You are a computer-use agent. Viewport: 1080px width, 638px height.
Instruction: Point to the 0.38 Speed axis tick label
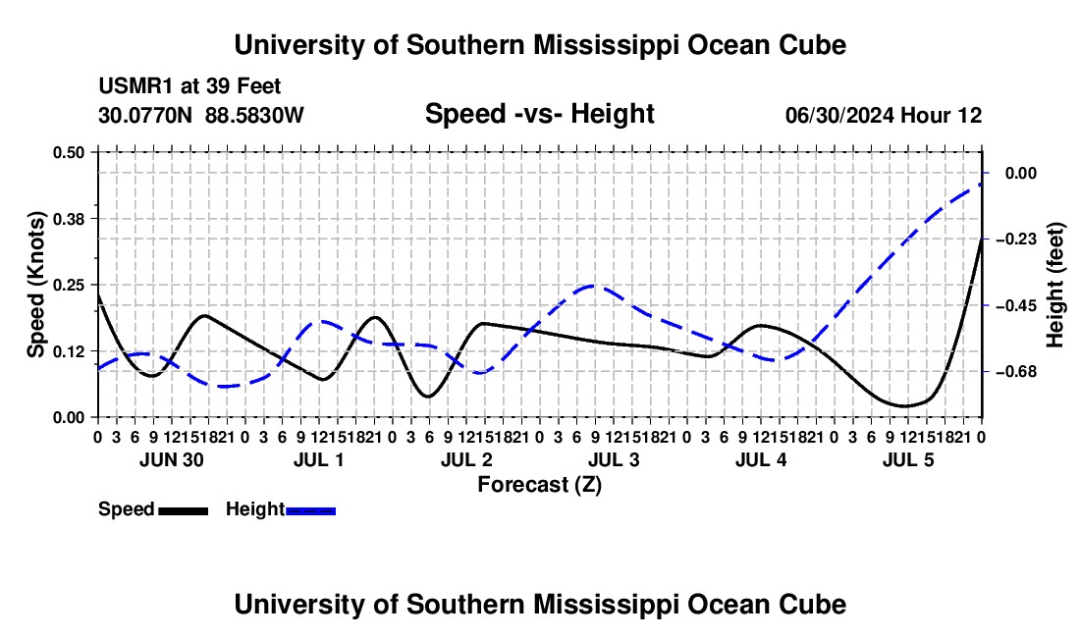coord(68,219)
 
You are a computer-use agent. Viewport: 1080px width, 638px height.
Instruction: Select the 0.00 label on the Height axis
coord(1021,173)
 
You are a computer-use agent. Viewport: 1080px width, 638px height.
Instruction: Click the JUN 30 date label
coord(172,459)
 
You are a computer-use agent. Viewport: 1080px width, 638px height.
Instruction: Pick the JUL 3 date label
coord(614,459)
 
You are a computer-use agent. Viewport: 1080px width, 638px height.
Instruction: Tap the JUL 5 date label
coord(908,459)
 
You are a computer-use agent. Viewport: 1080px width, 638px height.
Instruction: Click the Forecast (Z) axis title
coord(539,485)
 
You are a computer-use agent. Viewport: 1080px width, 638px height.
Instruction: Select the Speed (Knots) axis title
coord(35,285)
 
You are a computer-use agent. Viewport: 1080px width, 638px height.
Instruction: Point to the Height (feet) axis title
coord(1055,285)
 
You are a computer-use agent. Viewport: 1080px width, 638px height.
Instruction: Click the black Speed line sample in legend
coord(184,510)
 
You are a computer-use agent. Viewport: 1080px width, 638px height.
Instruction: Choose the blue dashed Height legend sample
coord(310,510)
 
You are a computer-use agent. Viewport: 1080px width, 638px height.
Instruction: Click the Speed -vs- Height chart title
coord(539,114)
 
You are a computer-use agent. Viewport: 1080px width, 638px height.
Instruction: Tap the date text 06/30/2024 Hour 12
coord(884,115)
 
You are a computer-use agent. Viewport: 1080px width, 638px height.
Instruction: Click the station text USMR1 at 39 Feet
coord(189,86)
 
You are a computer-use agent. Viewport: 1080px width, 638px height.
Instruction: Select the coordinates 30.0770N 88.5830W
coord(201,115)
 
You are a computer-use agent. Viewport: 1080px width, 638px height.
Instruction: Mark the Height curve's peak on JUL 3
coord(594,285)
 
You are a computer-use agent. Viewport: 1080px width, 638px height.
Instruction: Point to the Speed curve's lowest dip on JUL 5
coord(904,406)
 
